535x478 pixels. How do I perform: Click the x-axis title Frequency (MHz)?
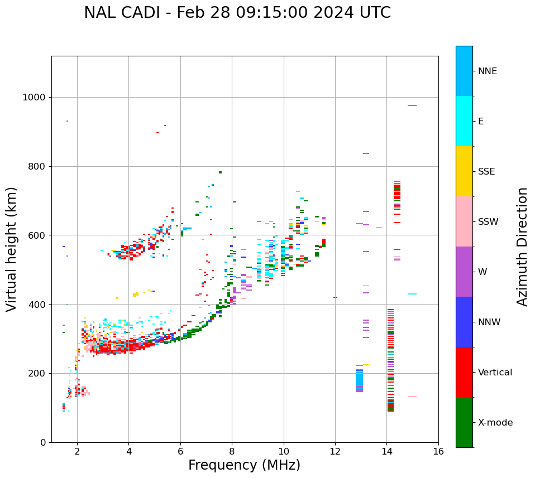tap(244, 465)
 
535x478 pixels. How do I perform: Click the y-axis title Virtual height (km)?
tap(12, 249)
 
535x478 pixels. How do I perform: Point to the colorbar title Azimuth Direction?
tap(522, 247)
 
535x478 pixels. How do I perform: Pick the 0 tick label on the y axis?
tap(42, 442)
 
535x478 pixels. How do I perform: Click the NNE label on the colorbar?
tap(487, 71)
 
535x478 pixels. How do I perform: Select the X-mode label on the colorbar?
tap(495, 423)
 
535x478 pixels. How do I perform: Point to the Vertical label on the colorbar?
tap(495, 373)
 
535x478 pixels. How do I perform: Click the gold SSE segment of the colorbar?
tap(464, 171)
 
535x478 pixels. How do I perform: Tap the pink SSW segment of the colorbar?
tap(464, 221)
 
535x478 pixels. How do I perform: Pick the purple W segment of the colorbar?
tap(464, 272)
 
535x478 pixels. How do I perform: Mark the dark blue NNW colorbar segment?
tap(464, 322)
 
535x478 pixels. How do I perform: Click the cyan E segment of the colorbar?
tap(464, 121)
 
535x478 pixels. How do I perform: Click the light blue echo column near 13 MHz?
tap(359, 379)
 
